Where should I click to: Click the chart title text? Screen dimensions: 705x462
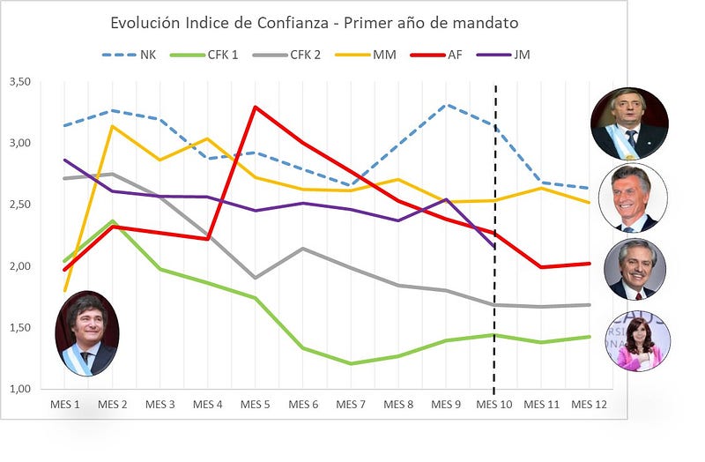click(x=315, y=23)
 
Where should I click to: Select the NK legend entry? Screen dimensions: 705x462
click(x=129, y=55)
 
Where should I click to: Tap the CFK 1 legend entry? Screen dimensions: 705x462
click(x=204, y=55)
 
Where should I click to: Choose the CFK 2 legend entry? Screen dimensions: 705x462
click(x=287, y=55)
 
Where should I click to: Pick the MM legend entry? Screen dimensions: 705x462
click(x=366, y=55)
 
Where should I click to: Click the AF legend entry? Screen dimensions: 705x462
click(x=436, y=55)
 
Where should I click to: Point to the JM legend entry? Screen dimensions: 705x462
click(x=503, y=55)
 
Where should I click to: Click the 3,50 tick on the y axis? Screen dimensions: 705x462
click(x=20, y=81)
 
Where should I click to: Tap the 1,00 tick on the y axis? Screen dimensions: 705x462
click(x=20, y=389)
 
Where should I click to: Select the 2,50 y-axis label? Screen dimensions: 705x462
click(x=20, y=205)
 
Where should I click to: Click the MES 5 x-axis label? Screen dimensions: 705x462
click(x=255, y=405)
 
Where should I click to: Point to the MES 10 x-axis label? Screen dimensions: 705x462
click(x=493, y=405)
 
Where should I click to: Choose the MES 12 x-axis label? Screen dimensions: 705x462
click(x=589, y=405)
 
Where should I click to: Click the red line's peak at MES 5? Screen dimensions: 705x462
click(x=255, y=107)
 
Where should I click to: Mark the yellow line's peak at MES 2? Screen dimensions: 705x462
click(x=113, y=126)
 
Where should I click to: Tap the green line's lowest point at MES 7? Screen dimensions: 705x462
click(x=351, y=363)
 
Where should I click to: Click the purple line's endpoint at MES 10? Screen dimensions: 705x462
click(x=494, y=247)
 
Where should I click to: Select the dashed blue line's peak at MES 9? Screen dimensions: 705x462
click(x=446, y=104)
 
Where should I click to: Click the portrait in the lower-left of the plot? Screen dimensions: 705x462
click(x=87, y=333)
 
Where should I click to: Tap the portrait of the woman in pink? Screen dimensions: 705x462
click(x=638, y=341)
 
